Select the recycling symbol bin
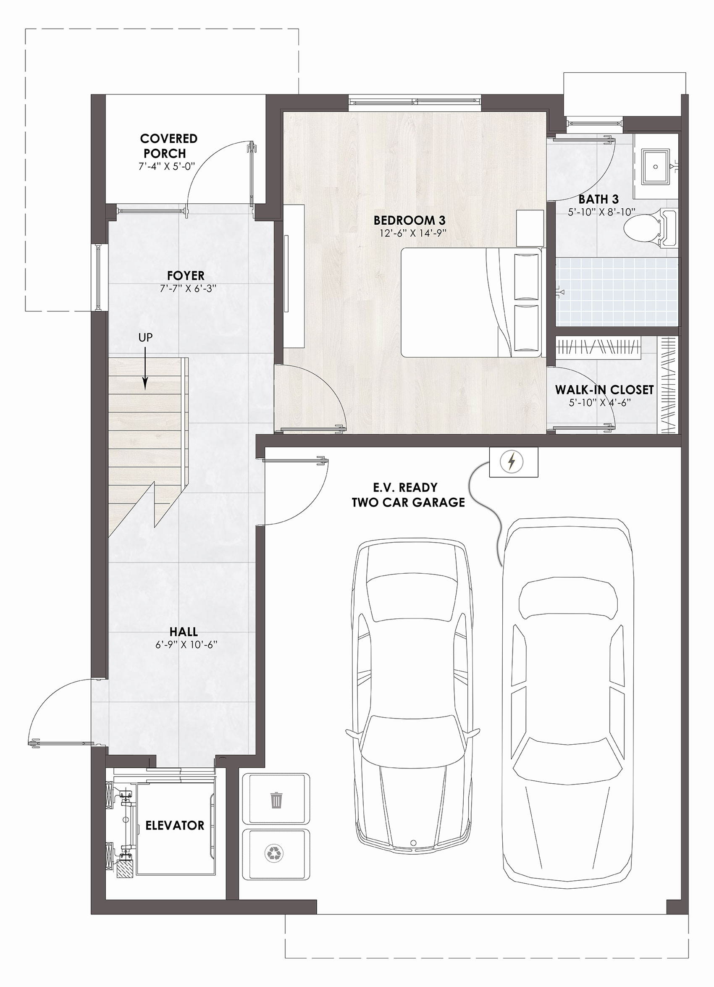276,853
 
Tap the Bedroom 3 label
409,220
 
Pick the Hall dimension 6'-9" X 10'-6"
186,645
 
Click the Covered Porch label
168,146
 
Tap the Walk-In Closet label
604,390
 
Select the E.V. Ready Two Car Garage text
408,495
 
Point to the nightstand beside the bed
530,228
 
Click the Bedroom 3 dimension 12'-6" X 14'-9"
413,233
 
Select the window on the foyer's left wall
99,277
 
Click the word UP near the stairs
145,337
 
